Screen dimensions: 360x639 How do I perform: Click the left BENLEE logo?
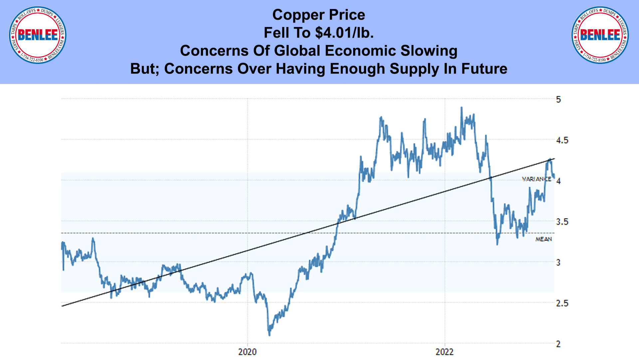tap(38, 35)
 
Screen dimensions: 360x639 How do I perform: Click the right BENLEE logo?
tap(600, 35)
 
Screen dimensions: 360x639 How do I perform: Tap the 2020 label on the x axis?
tap(247, 352)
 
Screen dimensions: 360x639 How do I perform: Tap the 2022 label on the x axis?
tap(445, 352)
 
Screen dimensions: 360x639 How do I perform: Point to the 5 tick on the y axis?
tap(558, 99)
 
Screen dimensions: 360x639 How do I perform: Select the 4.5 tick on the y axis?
tap(562, 140)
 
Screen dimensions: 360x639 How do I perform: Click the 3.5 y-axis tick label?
tap(562, 222)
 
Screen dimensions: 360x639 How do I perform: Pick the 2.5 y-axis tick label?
tap(562, 303)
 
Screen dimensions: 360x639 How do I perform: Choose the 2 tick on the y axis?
tap(558, 344)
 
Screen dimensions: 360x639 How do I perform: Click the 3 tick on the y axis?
tap(558, 262)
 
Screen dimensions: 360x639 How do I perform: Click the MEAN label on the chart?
tap(543, 239)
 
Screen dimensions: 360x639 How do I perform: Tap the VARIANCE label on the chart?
tap(536, 179)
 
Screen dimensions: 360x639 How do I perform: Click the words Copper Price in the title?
tap(319, 15)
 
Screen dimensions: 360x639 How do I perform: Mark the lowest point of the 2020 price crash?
tap(269, 335)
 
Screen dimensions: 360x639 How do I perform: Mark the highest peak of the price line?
tap(461, 108)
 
